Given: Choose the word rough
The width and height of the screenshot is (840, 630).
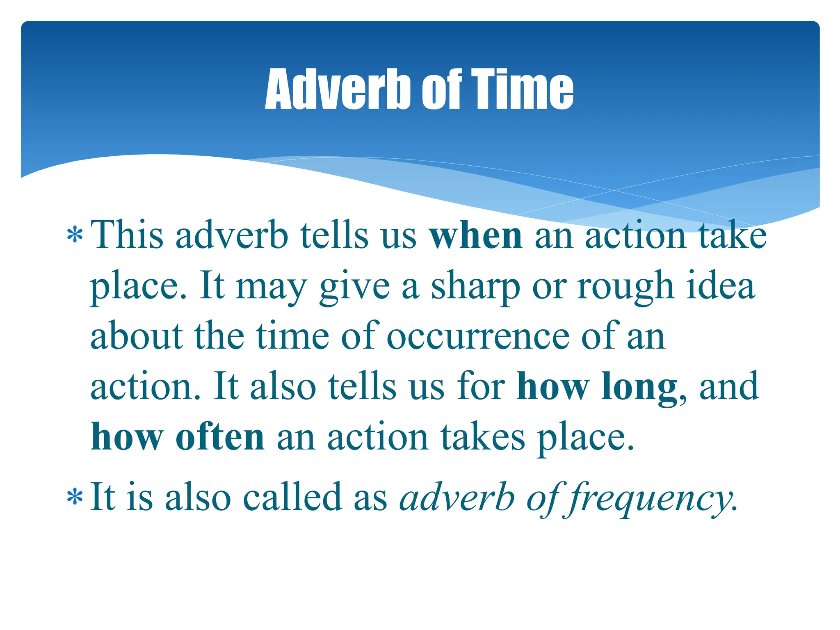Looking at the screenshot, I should click(626, 286).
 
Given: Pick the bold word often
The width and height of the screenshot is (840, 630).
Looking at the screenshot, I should click(220, 437).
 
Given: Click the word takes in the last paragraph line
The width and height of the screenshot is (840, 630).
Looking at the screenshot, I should click(483, 437).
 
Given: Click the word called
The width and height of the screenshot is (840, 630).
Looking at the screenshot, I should click(292, 497).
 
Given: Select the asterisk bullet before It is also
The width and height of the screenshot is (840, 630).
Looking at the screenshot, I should click(75, 498).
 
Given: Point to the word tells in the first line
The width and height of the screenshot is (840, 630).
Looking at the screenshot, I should click(334, 235).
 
